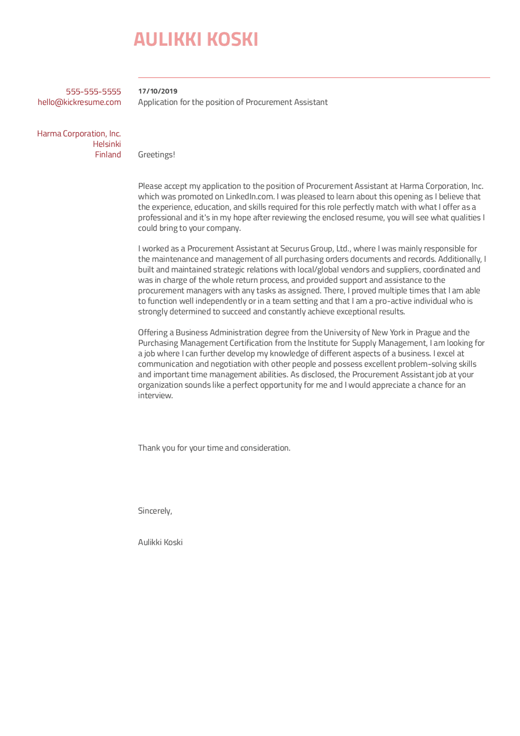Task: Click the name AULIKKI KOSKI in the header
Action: (x=195, y=40)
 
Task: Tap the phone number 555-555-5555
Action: (x=93, y=91)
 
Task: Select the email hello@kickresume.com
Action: (x=79, y=102)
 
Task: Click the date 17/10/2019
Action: (x=158, y=91)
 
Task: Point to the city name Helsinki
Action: (x=107, y=144)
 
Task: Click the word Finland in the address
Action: (x=108, y=154)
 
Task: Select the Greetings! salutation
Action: (x=156, y=154)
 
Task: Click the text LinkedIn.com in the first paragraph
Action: (x=250, y=196)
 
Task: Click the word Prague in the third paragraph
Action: (x=428, y=332)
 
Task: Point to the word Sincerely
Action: (x=155, y=511)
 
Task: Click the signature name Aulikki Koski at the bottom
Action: (x=160, y=542)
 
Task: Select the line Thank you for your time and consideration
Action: (x=214, y=448)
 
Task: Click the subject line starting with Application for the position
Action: (x=233, y=102)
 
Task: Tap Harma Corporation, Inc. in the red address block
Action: (x=79, y=133)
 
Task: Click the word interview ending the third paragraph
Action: (x=155, y=395)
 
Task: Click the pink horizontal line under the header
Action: (x=314, y=78)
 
